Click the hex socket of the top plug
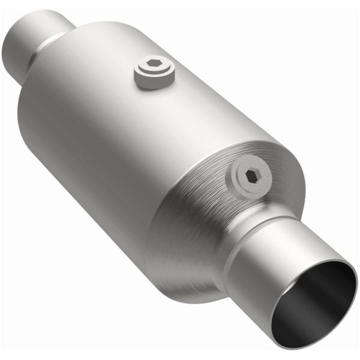tap(154, 66)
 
